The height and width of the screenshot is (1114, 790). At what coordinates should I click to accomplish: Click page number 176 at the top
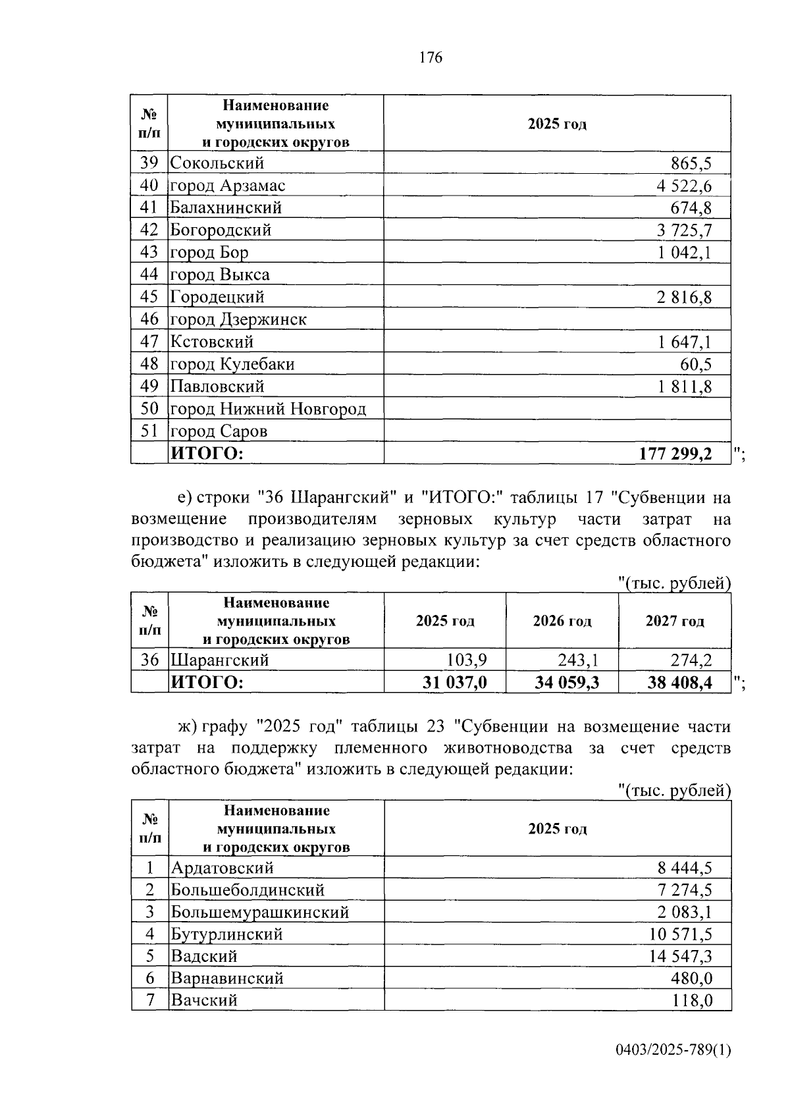coord(431,58)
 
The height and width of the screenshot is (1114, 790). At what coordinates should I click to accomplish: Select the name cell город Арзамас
coord(228,186)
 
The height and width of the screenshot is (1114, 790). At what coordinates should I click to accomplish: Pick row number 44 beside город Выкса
coord(149,275)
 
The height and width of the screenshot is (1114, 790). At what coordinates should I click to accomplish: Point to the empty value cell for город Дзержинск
coord(557,319)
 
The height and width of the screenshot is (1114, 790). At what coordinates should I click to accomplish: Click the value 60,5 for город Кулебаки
coord(695,364)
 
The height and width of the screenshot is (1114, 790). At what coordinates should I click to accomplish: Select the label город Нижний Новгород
coord(268,409)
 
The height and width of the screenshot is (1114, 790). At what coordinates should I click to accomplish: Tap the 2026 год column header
coord(562,621)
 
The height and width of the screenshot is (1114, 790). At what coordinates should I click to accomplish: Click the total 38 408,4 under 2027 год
coord(679,682)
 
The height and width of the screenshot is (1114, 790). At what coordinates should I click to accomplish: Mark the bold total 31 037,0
coord(454,682)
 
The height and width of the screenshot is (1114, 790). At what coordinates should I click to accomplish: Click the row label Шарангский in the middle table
coord(220,660)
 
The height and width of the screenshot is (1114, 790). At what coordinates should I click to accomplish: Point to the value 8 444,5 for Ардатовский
coord(684,868)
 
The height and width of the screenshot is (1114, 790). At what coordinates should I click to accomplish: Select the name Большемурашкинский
coord(260,912)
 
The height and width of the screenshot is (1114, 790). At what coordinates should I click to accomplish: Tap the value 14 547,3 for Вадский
coord(680,956)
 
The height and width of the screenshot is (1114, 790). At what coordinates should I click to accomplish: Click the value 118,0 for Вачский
coord(692,1001)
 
